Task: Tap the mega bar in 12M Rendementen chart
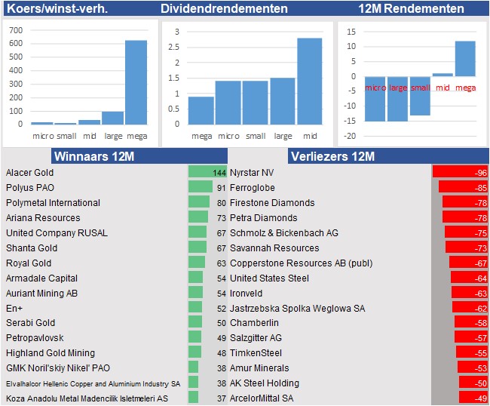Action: click(465, 58)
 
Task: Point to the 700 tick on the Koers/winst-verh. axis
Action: click(15, 30)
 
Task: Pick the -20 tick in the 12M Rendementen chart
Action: click(349, 136)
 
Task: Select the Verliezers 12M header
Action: click(332, 156)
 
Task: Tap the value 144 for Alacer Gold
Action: click(219, 173)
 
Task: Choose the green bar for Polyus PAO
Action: click(200, 187)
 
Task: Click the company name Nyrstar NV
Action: click(253, 173)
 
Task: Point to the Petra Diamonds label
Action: click(263, 218)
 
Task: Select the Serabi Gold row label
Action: click(30, 323)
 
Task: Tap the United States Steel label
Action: click(269, 278)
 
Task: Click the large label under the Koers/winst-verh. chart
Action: click(112, 136)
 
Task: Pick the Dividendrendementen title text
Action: click(224, 8)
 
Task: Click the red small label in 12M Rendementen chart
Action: click(420, 88)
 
